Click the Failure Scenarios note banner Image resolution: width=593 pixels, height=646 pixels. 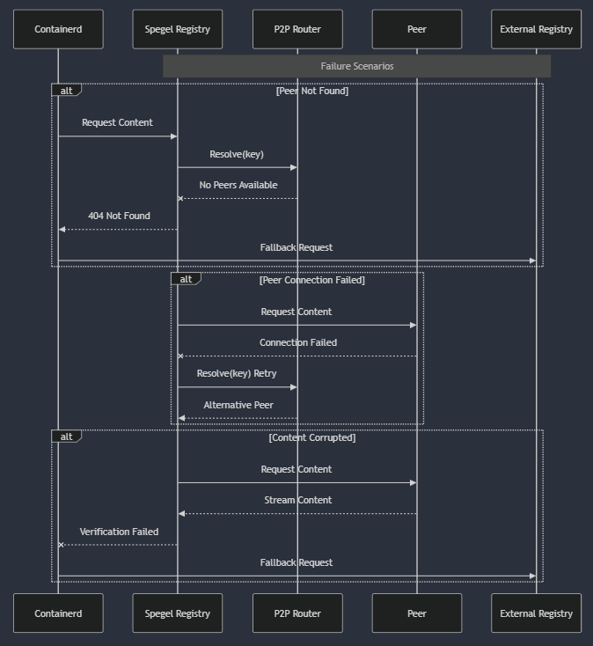(356, 66)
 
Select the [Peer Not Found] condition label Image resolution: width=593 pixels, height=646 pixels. (312, 91)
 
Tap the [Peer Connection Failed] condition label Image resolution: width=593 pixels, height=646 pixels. (311, 280)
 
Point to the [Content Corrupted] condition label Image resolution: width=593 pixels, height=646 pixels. (312, 437)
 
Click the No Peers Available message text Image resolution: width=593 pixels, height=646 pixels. (238, 185)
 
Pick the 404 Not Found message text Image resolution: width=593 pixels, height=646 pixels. (119, 216)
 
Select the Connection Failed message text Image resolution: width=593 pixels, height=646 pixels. (297, 342)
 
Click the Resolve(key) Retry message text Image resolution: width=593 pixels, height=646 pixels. (237, 373)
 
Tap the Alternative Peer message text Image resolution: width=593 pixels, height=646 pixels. (238, 405)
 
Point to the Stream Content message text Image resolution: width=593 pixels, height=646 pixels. (297, 500)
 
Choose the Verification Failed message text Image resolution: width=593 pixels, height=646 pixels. (119, 532)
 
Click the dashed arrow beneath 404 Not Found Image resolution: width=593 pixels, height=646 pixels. (118, 230)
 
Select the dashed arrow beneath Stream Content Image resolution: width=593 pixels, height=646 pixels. (297, 514)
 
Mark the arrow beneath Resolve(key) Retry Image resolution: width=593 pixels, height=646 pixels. (238, 387)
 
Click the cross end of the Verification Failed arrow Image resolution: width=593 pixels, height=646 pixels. (61, 545)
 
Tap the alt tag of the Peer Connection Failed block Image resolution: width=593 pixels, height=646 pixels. (186, 279)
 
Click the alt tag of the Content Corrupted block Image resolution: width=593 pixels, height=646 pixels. (66, 437)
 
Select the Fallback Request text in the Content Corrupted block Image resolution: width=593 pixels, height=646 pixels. (296, 562)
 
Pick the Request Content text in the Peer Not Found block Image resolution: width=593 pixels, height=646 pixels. (117, 122)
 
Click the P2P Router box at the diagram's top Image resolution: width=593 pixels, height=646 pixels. (297, 29)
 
